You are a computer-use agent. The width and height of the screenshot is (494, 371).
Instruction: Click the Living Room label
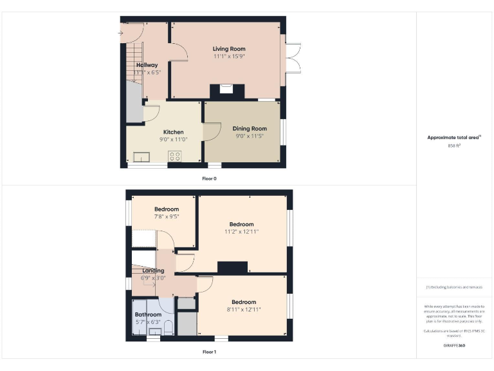[229, 49]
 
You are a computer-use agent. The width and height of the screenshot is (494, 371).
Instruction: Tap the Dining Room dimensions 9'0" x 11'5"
[250, 136]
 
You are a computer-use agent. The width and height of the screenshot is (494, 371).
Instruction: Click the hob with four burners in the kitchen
[174, 155]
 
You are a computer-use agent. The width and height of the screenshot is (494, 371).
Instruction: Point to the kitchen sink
[141, 155]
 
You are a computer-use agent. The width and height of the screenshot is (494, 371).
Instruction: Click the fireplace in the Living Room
[226, 90]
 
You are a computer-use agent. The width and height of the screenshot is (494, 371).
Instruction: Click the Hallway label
[147, 65]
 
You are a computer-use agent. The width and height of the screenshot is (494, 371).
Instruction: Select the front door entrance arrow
[120, 32]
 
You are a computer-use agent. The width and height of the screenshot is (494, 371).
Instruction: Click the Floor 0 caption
[210, 178]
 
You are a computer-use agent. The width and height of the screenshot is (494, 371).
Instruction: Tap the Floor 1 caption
[210, 352]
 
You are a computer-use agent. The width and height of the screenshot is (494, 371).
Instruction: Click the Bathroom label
[148, 315]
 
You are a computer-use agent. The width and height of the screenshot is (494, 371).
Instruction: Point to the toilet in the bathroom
[168, 328]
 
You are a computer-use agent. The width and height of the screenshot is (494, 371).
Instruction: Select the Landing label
[149, 271]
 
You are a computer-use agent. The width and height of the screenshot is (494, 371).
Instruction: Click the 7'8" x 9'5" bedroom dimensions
[167, 217]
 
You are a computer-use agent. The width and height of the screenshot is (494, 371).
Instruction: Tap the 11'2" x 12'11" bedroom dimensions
[242, 232]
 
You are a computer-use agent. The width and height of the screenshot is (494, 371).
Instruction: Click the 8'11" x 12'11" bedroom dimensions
[244, 310]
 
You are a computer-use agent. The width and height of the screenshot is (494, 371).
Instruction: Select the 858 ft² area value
[455, 146]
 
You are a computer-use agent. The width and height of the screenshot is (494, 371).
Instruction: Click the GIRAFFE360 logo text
[454, 346]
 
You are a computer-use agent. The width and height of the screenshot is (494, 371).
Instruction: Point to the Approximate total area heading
[454, 137]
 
